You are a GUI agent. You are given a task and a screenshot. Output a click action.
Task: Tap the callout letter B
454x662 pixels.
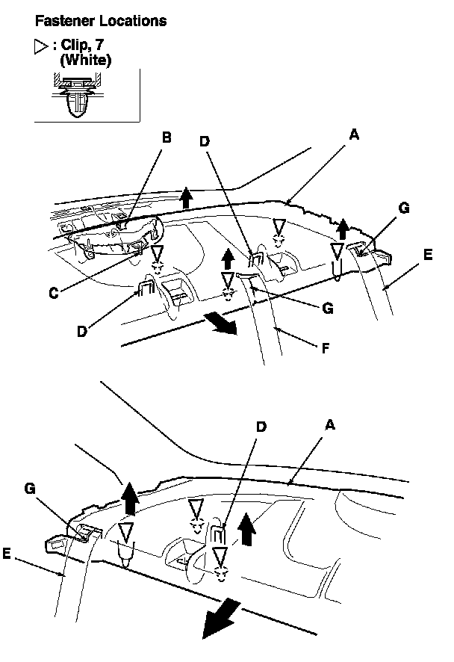coord(167,137)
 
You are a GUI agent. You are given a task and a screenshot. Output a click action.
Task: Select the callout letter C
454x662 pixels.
coord(55,294)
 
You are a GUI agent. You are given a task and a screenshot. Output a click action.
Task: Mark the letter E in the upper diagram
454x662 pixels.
coord(427,255)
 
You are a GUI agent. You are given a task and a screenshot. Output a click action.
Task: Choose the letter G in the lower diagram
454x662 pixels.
coord(31,487)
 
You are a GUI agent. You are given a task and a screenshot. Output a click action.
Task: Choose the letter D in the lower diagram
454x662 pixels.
coord(261,427)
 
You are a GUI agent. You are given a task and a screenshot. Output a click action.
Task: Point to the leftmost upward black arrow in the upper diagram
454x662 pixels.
coord(186,199)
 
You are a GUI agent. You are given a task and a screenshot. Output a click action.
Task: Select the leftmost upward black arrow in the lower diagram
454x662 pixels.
coord(130,498)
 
